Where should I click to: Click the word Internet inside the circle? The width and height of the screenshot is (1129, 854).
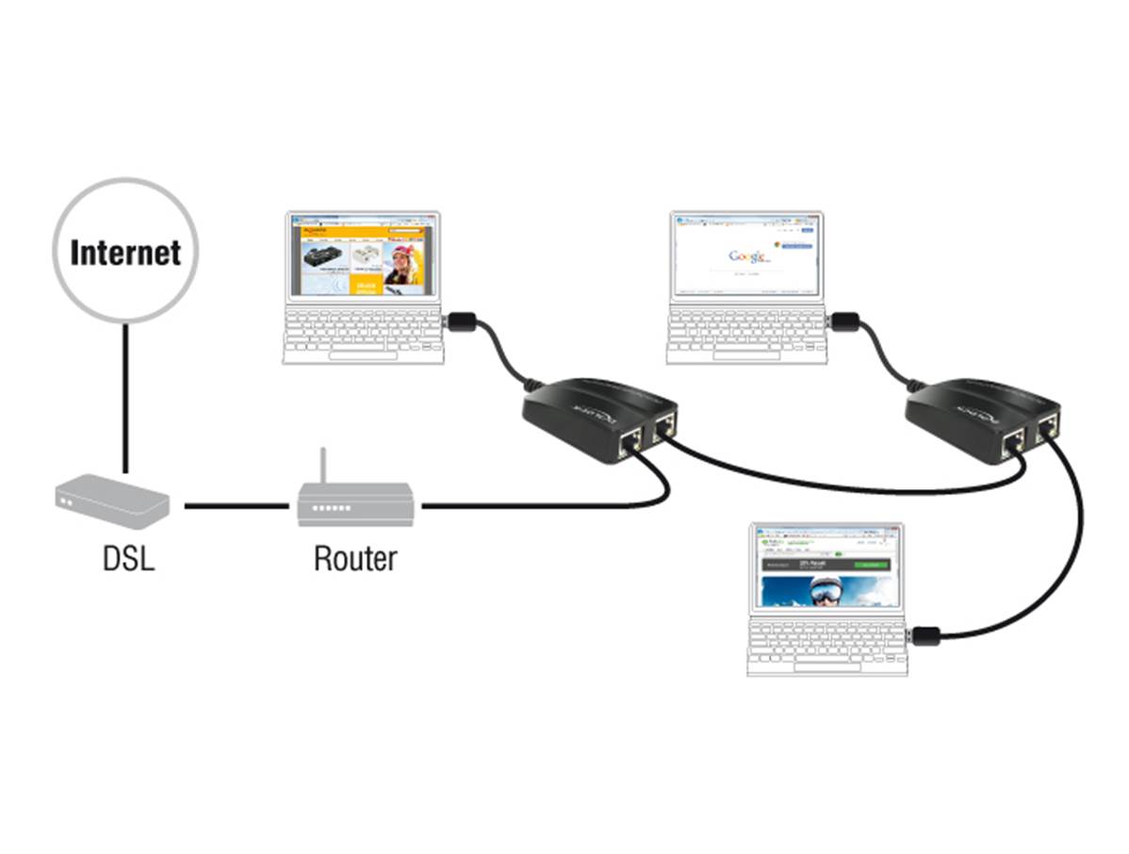(125, 253)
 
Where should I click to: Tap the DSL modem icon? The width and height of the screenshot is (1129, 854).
(112, 500)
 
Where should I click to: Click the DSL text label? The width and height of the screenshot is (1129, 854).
(128, 558)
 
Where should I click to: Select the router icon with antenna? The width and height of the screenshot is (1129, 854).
(356, 503)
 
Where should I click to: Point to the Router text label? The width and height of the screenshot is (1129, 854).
(355, 558)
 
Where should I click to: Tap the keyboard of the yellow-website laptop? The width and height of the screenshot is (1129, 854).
(363, 336)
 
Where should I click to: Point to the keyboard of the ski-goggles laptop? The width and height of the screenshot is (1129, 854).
(827, 649)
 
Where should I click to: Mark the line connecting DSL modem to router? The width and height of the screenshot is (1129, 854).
(236, 506)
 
